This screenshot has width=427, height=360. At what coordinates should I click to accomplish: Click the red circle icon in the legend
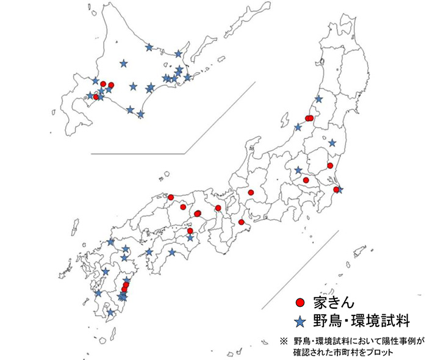300,302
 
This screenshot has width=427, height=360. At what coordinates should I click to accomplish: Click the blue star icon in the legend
300,320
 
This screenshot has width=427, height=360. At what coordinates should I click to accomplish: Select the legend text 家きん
330,302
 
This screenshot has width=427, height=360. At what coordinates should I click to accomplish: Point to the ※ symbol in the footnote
282,340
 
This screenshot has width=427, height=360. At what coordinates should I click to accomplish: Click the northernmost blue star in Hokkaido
149,47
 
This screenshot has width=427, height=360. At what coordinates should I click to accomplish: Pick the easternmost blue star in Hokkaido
187,77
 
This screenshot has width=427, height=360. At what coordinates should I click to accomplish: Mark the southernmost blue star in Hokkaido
141,114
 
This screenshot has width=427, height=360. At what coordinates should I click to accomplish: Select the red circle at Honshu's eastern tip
336,190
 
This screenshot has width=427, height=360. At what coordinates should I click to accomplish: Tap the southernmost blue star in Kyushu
110,313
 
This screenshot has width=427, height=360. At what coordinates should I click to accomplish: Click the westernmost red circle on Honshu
171,197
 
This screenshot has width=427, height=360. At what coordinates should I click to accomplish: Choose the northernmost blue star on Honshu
318,99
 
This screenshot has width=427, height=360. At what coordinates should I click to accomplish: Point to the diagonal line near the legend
299,268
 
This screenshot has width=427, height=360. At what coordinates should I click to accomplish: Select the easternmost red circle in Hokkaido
111,85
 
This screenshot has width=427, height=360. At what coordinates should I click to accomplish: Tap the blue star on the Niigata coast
298,128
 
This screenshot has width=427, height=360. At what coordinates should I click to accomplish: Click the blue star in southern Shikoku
172,251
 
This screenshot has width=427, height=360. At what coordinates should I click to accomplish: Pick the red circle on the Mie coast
242,221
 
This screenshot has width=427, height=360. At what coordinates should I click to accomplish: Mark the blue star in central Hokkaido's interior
124,63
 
